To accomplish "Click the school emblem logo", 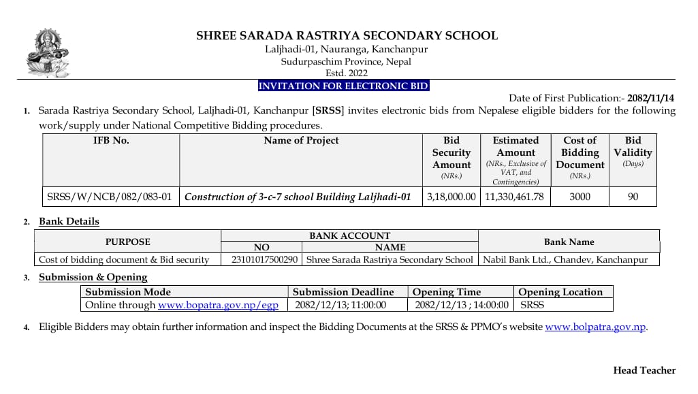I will click(x=48, y=53).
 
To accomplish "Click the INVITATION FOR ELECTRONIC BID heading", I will click(x=343, y=86).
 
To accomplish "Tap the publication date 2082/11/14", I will click(x=650, y=98).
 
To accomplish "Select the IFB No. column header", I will click(x=111, y=141).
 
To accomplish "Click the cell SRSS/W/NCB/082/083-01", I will click(x=109, y=197).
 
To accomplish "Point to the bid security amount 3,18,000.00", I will click(x=451, y=197).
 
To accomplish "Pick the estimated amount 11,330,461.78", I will click(x=515, y=197).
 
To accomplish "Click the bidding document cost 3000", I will click(x=580, y=197).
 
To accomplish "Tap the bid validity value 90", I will click(x=633, y=197).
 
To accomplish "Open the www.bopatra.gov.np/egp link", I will click(x=218, y=305).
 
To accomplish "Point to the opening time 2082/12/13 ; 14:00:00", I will click(x=462, y=305).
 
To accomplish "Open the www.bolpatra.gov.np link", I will click(x=595, y=327).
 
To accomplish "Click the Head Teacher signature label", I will click(x=644, y=371).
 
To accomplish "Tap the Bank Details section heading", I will click(x=69, y=221).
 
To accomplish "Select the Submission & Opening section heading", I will click(x=93, y=277).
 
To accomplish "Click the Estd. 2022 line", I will click(x=346, y=73).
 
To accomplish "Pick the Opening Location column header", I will click(x=560, y=292).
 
